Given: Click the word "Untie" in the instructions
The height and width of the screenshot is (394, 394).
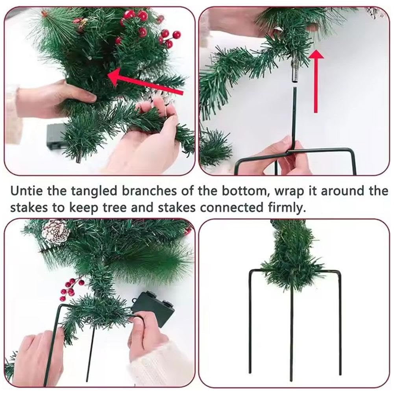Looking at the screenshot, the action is [x=27, y=191].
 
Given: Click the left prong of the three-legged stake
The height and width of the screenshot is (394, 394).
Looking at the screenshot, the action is [x=250, y=322].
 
